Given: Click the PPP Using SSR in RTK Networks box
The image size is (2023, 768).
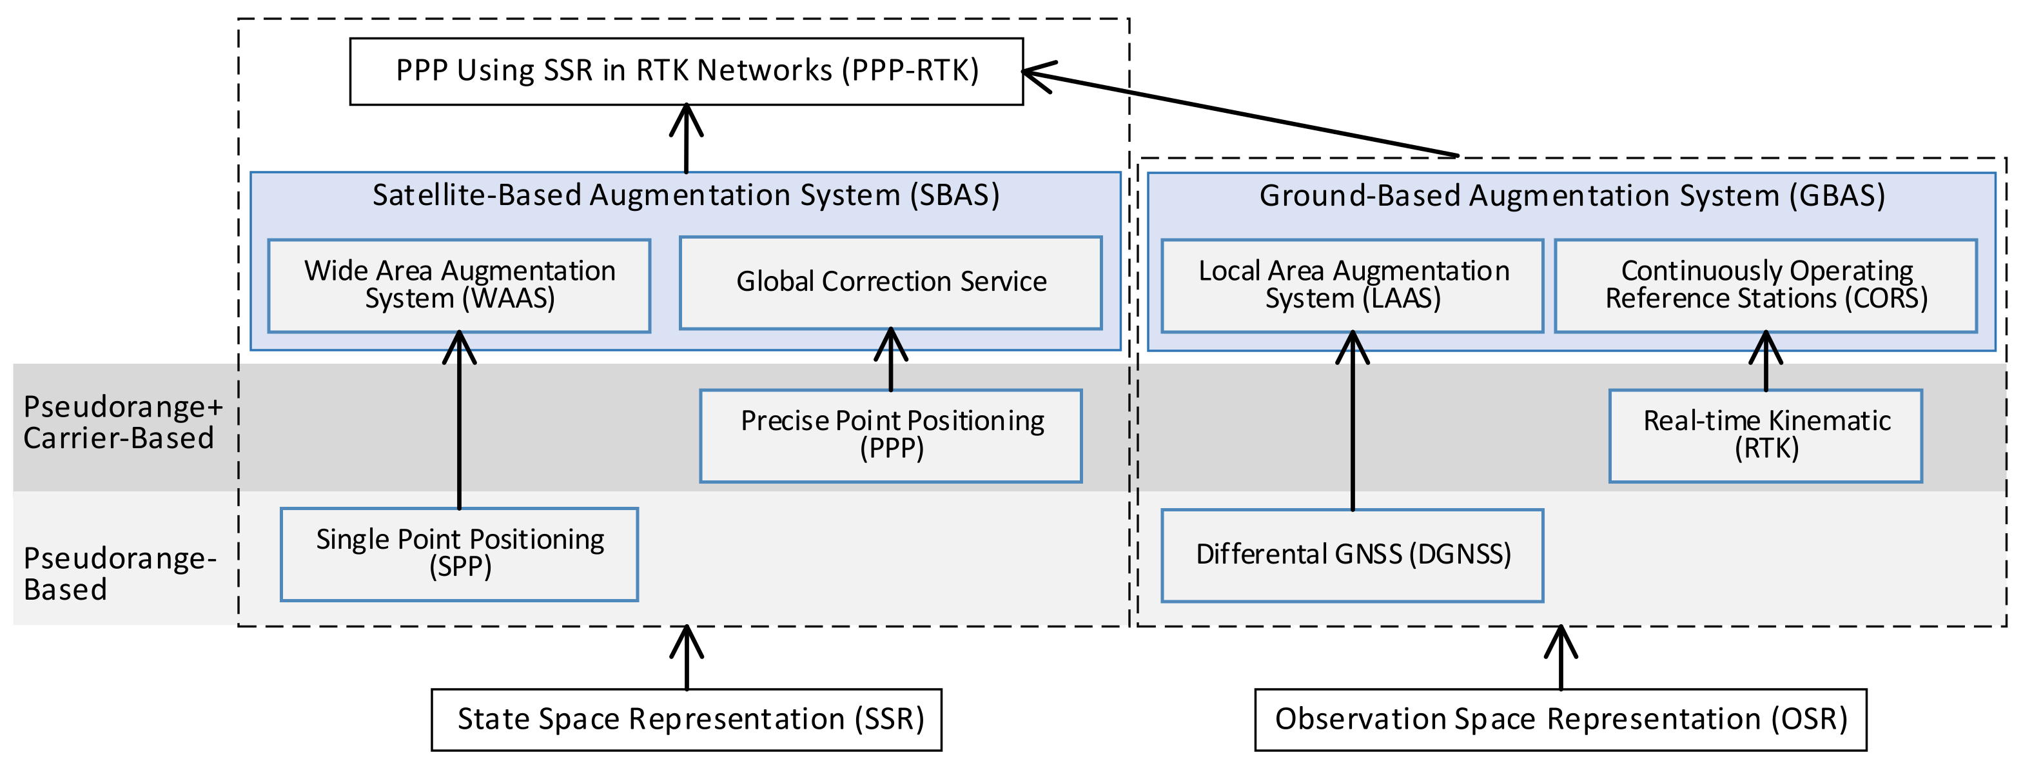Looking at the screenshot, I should [x=687, y=72].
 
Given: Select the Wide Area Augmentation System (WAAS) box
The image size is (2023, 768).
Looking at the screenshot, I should [x=460, y=285].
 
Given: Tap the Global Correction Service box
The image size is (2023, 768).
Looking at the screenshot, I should [x=890, y=282].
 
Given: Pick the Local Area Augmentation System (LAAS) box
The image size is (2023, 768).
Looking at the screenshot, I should [x=1353, y=285].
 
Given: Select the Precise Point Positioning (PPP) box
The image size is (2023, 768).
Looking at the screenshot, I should [x=890, y=435].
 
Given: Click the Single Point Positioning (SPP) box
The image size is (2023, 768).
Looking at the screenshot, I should [x=460, y=554].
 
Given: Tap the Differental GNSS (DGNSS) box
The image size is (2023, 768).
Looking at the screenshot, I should [x=1353, y=555].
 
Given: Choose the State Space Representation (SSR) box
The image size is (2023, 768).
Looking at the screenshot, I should [x=687, y=719].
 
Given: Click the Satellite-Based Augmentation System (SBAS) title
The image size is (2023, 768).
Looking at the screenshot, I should [x=685, y=195].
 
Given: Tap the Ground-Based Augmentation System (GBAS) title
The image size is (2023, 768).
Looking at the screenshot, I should [x=1572, y=195].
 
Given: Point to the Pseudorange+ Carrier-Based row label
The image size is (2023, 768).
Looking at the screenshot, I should [x=122, y=422].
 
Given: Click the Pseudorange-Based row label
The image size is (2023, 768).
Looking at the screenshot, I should [x=118, y=573].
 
